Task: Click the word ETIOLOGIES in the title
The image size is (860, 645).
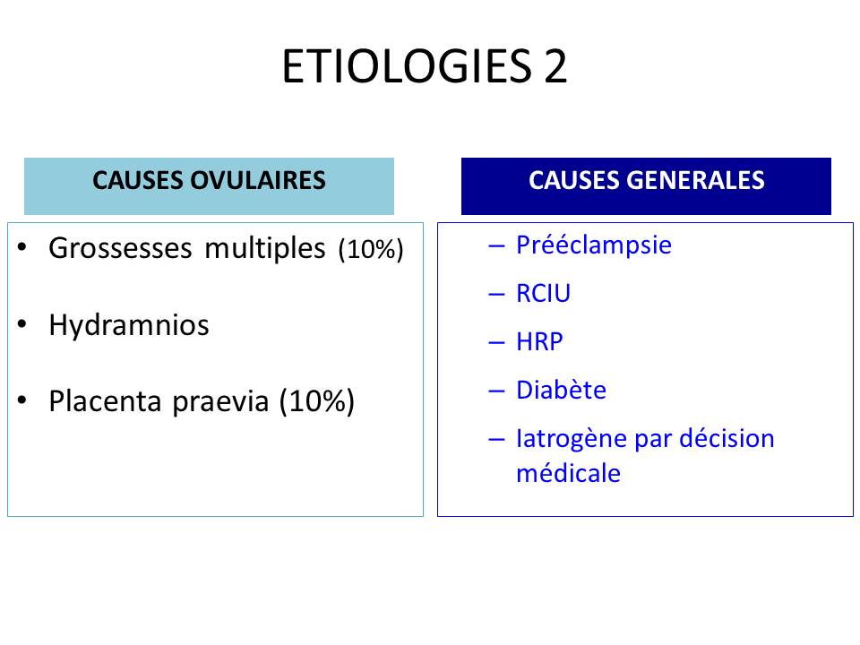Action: tap(407, 66)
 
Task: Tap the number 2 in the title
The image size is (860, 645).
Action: tap(555, 66)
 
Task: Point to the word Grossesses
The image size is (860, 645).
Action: tap(120, 248)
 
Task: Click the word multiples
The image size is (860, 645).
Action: tap(265, 248)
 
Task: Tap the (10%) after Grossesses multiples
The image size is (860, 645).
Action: tap(371, 250)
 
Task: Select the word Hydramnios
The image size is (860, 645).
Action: tap(129, 325)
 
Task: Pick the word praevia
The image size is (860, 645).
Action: tap(220, 402)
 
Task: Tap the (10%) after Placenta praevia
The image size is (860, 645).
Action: tap(316, 402)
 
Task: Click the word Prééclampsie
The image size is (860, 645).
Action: tap(594, 245)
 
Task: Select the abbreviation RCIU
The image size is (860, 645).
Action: tap(544, 294)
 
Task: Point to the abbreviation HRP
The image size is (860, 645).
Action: tap(539, 341)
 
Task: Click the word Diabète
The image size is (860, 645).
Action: tap(562, 390)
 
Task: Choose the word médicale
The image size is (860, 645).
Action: tap(569, 473)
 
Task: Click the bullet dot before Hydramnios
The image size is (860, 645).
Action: tap(21, 323)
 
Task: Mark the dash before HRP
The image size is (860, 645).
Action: tap(496, 343)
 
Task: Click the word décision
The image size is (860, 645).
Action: tap(727, 438)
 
